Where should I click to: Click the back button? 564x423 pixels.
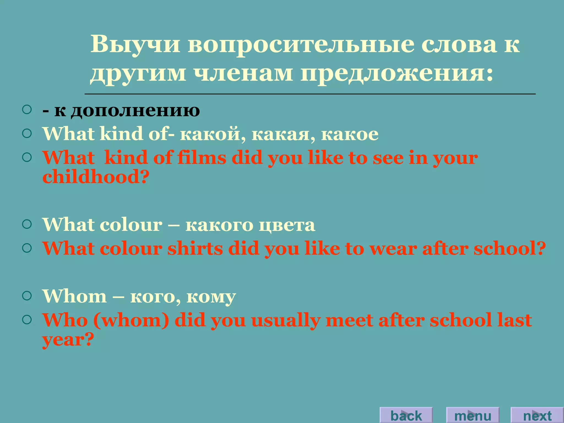406,415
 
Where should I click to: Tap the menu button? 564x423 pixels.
473,415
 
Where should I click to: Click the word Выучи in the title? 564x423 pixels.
135,45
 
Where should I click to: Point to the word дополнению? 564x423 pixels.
135,111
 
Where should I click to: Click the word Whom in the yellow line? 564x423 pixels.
74,296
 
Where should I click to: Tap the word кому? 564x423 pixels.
211,297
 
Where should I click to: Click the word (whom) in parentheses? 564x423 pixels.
131,320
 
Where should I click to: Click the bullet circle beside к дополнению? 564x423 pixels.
27,110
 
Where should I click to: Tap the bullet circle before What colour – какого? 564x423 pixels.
27,224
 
